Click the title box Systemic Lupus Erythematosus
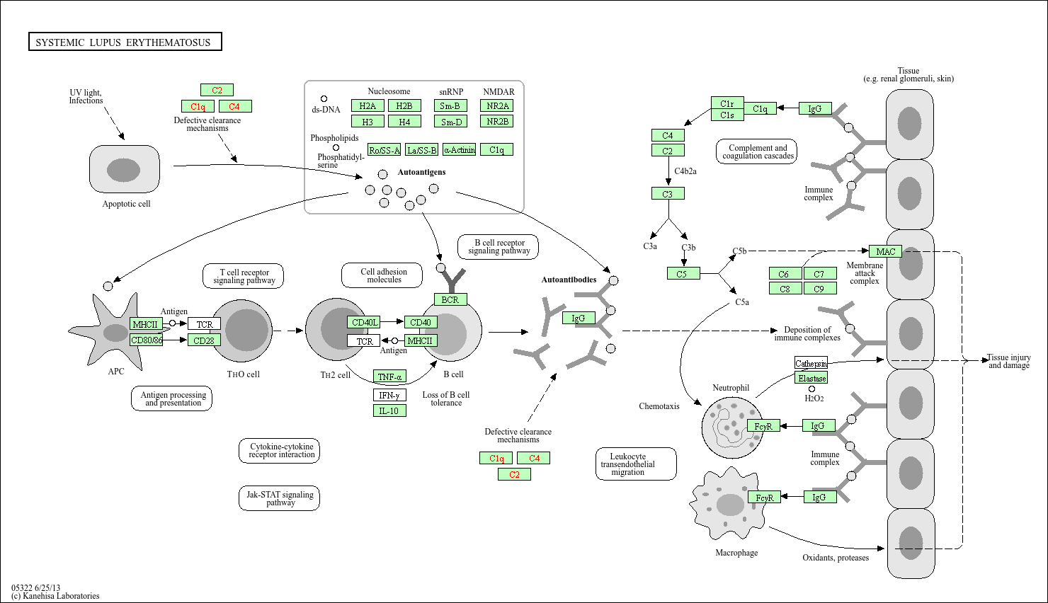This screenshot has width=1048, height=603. (x=125, y=42)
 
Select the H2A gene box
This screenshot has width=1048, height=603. (x=368, y=105)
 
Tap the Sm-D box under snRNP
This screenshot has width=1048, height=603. (x=450, y=122)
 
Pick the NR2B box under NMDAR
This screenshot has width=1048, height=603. (x=497, y=121)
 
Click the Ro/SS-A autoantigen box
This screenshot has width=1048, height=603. (x=384, y=149)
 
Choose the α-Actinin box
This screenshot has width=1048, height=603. (x=459, y=149)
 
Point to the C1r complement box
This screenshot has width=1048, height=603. (x=727, y=103)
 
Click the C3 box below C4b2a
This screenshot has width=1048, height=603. (x=668, y=193)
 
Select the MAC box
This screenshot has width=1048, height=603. (x=885, y=251)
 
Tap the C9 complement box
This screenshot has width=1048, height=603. (x=820, y=289)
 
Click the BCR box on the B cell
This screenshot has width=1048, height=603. (x=450, y=299)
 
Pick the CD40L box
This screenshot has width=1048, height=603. (x=363, y=322)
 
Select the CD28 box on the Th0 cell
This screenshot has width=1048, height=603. (x=204, y=340)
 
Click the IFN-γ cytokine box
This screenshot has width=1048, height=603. (x=389, y=395)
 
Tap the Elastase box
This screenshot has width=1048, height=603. (x=811, y=378)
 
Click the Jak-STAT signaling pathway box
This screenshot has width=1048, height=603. (x=279, y=498)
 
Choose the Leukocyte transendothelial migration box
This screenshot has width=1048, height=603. (x=636, y=464)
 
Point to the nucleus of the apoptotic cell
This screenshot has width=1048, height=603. (x=123, y=170)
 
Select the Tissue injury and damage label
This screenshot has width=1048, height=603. (x=1008, y=361)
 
